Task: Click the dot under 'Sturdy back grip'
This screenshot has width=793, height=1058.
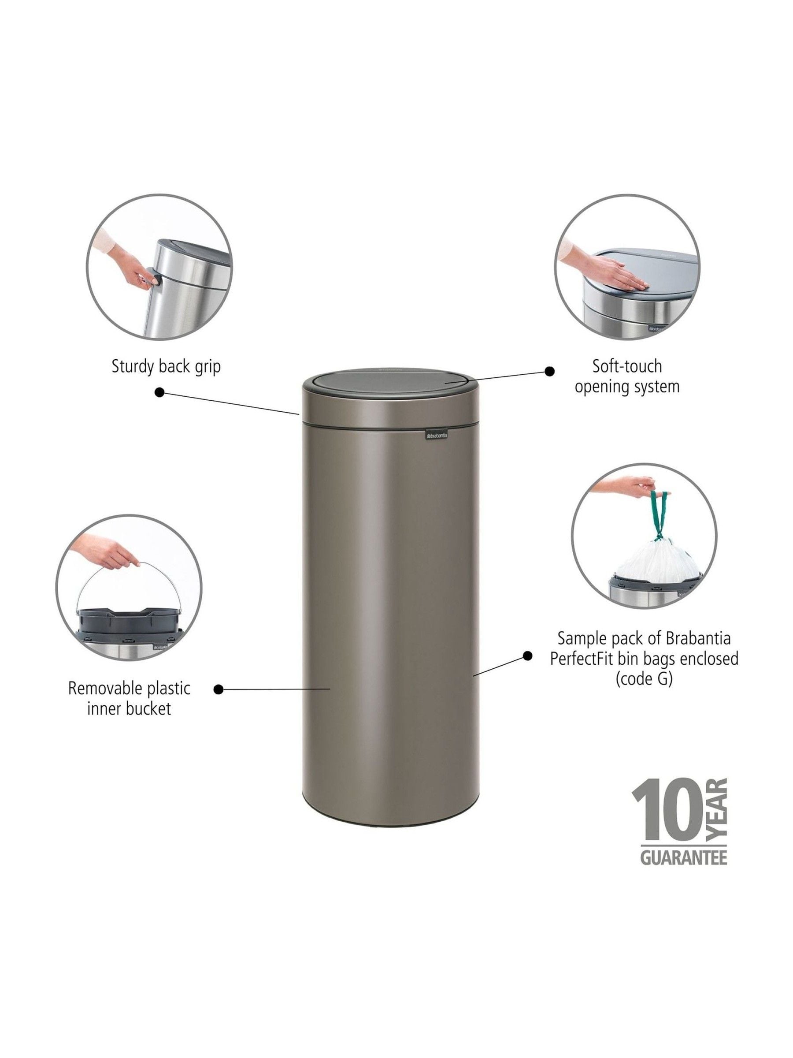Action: coord(160,393)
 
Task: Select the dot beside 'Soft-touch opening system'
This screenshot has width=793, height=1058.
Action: coord(550,371)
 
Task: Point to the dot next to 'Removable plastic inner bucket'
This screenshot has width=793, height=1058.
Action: coord(219,689)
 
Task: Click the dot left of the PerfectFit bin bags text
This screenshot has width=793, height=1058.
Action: coord(527,656)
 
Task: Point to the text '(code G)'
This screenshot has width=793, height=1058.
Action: coord(644,679)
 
